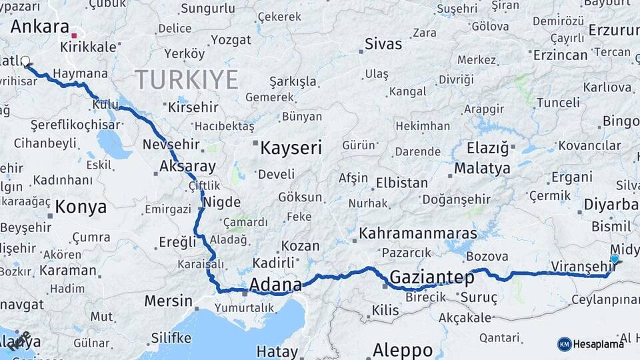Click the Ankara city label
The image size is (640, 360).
pos(40,27)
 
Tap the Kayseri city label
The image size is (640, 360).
pos(291,147)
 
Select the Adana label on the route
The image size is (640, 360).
pos(275,285)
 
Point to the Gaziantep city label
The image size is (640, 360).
pos(432,276)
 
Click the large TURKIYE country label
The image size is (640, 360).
pos(187,80)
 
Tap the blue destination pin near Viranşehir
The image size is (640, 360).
pos(614,259)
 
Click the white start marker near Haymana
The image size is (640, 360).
pos(25,61)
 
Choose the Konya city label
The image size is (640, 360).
pos(81,207)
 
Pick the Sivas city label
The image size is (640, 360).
pos(383,44)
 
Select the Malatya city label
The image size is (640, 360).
pos(482,168)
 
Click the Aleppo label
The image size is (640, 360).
pos(402,349)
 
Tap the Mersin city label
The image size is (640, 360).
pos(168,301)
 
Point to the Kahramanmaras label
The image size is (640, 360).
pos(418,233)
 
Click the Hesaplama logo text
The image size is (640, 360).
pos(598,344)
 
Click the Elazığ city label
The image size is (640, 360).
pos(487,147)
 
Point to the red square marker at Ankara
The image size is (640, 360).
pos(75,35)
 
